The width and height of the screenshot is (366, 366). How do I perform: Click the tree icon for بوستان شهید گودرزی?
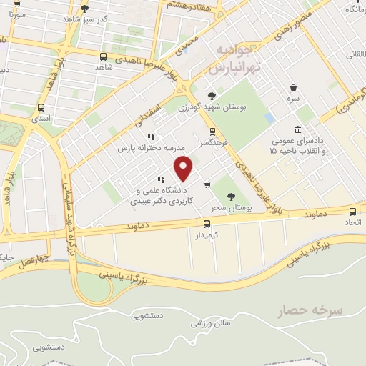coord(211,96)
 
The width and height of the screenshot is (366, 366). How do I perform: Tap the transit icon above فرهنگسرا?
coord(212,131)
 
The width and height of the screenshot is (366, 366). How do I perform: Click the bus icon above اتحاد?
coord(352,211)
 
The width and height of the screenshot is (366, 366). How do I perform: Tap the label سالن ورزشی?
coord(211,323)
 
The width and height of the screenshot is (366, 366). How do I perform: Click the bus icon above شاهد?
coord(104,56)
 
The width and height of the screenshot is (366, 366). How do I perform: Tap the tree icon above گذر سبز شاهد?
coord(85,9)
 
